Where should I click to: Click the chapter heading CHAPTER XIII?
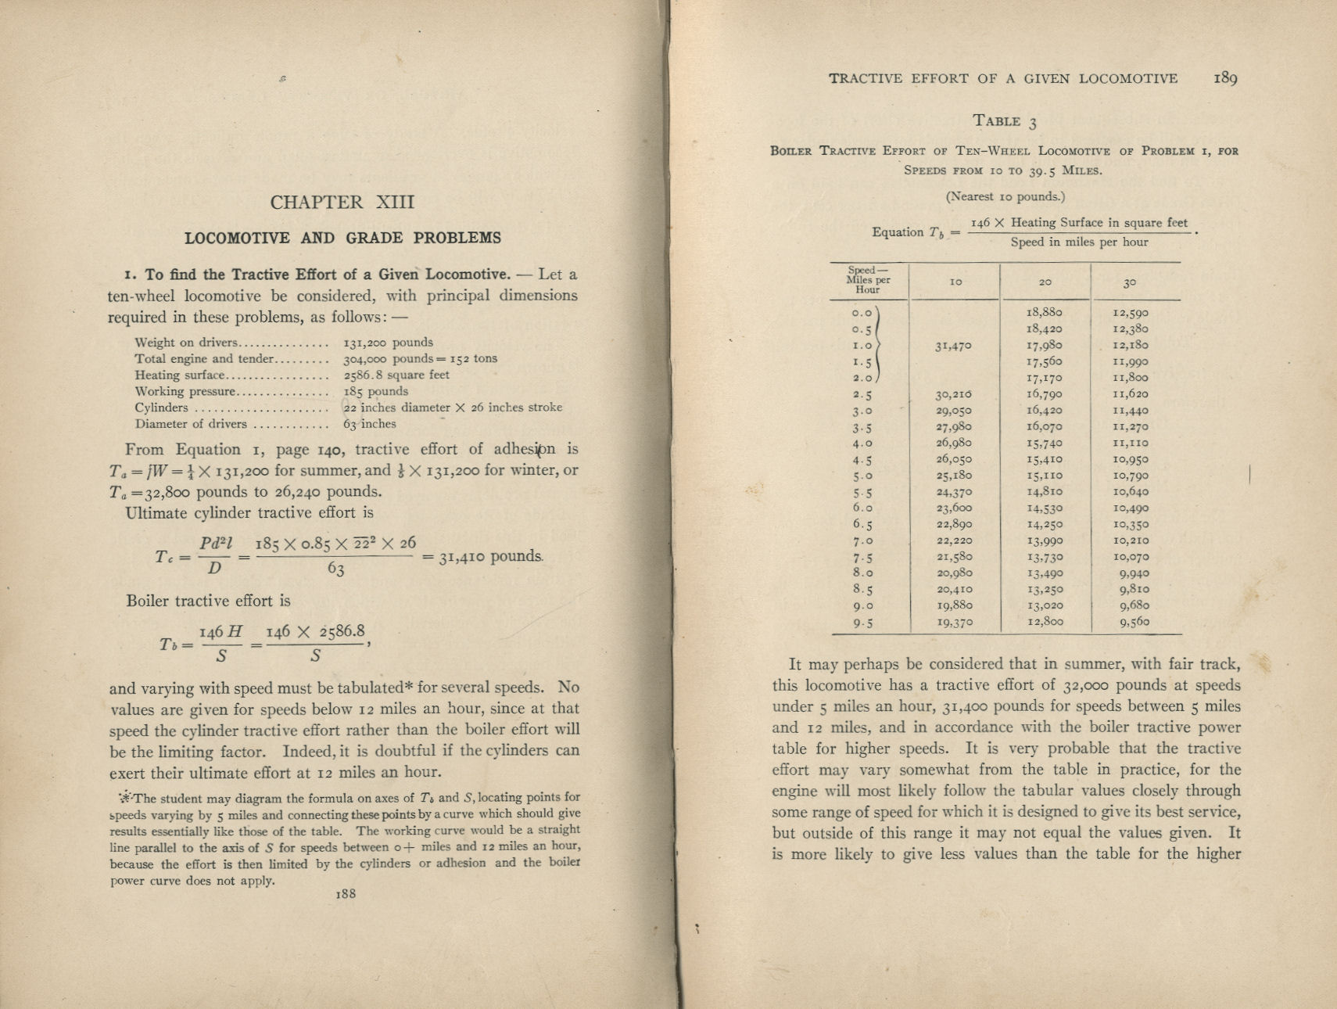342,203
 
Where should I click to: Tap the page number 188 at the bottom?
345,893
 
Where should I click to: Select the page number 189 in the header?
1225,78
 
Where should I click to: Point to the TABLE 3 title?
1005,121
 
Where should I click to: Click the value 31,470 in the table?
954,345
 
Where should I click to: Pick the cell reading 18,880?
1044,312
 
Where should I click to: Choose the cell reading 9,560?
1134,623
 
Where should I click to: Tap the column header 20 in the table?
1045,282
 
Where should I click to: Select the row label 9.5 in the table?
863,623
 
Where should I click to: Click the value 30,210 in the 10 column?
954,394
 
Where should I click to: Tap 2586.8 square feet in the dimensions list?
396,375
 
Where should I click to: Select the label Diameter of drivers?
191,424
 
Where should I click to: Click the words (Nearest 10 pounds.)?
1005,197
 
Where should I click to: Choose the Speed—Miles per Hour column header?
868,280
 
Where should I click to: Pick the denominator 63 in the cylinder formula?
335,569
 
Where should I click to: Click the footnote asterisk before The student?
124,798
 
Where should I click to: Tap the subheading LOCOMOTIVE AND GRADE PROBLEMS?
342,238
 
